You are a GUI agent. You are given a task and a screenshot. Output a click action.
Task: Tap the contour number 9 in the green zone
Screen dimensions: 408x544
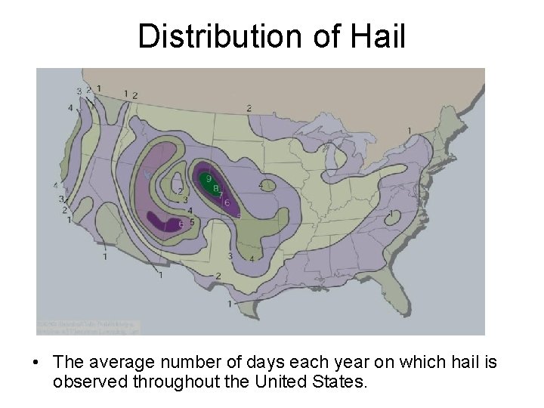click(x=209, y=178)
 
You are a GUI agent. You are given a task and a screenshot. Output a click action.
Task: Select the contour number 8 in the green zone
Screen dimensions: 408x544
click(x=215, y=188)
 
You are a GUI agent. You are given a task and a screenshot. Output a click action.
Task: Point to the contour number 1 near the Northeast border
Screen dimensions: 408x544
click(x=409, y=131)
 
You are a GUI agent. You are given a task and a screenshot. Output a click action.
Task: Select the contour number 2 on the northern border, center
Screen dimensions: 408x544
click(x=249, y=109)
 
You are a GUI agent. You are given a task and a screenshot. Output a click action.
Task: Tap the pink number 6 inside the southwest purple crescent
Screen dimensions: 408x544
click(x=181, y=224)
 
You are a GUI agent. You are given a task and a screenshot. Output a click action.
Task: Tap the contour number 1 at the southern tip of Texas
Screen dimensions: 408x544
click(x=230, y=303)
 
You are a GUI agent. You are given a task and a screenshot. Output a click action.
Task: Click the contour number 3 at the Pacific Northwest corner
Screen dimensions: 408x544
click(x=79, y=91)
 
